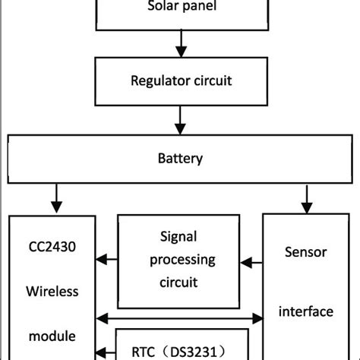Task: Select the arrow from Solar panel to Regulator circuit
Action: (180, 47)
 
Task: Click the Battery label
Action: (180, 159)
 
